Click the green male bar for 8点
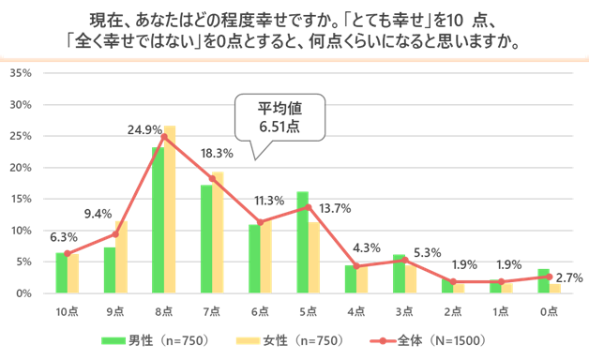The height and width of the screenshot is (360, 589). (158, 220)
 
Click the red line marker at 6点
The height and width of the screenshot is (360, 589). (260, 222)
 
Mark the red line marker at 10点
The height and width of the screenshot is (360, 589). (67, 253)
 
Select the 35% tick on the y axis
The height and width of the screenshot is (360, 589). (22, 73)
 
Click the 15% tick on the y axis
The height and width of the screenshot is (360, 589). (22, 199)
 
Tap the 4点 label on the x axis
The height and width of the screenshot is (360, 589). (356, 310)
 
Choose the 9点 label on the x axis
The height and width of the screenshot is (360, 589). (114, 310)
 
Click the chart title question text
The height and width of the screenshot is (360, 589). (294, 31)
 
